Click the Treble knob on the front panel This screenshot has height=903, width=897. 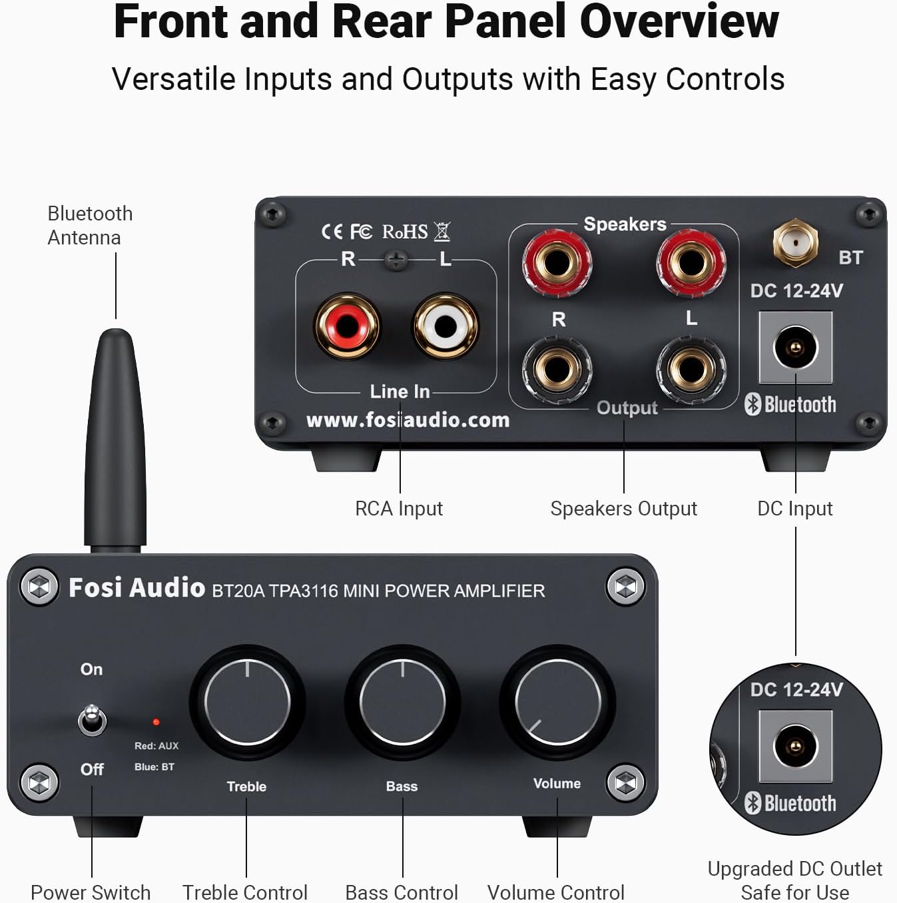click(247, 702)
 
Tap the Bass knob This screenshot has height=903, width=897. click(402, 702)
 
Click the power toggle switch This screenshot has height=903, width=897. click(92, 721)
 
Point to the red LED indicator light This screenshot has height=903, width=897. click(156, 722)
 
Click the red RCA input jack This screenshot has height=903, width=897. click(347, 326)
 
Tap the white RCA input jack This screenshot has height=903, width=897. click(446, 326)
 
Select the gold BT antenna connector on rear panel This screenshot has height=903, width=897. click(795, 242)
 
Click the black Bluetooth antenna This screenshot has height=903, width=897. click(115, 440)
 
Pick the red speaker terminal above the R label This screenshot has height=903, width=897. click(557, 262)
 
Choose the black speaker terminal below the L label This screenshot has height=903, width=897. click(691, 369)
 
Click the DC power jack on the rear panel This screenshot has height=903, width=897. click(795, 348)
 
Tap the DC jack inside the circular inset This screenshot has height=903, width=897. click(795, 746)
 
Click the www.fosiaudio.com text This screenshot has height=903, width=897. click(408, 420)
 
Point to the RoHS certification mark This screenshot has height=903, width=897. click(405, 232)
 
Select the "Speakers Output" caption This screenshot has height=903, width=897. click(623, 509)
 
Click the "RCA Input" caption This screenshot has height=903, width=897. click(398, 509)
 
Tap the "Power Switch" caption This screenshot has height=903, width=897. click(91, 892)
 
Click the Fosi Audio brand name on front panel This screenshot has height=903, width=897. click(137, 588)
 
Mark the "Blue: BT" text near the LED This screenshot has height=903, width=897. click(154, 767)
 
